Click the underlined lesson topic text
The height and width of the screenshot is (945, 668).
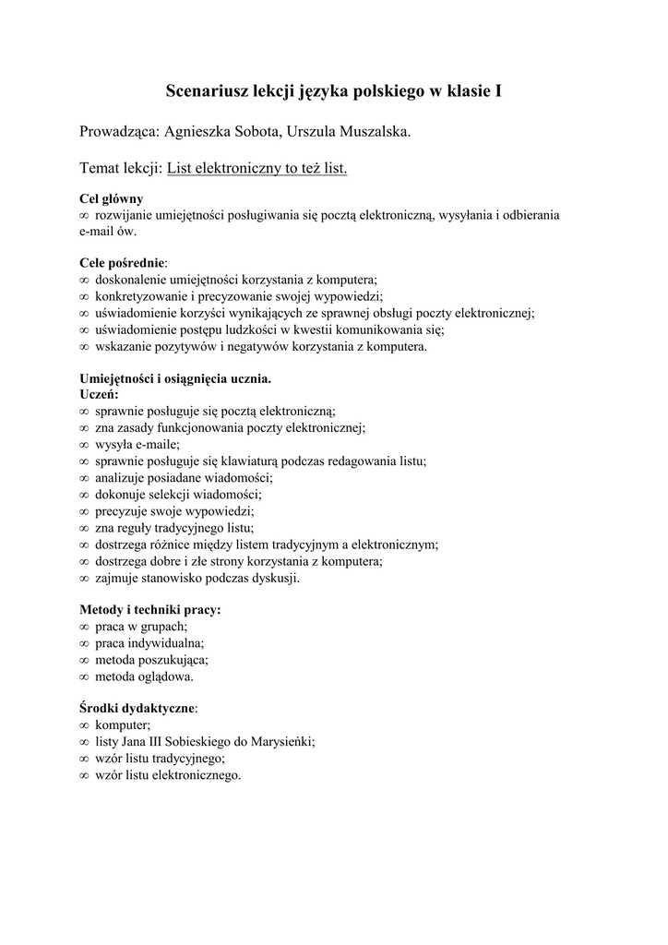(x=256, y=169)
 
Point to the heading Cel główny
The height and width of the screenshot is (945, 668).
(x=112, y=198)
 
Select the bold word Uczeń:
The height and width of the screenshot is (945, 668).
(x=100, y=394)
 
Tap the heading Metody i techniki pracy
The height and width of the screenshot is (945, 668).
(x=149, y=610)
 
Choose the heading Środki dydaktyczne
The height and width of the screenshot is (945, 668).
(x=137, y=709)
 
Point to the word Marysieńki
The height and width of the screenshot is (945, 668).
(x=282, y=741)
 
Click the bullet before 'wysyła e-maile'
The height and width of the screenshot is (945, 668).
(x=84, y=445)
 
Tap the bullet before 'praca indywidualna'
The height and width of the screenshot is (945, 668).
(x=84, y=643)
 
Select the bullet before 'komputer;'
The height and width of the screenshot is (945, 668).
(x=84, y=725)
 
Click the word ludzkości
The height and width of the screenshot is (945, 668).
(x=261, y=329)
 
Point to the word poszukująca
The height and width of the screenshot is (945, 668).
(x=173, y=660)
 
